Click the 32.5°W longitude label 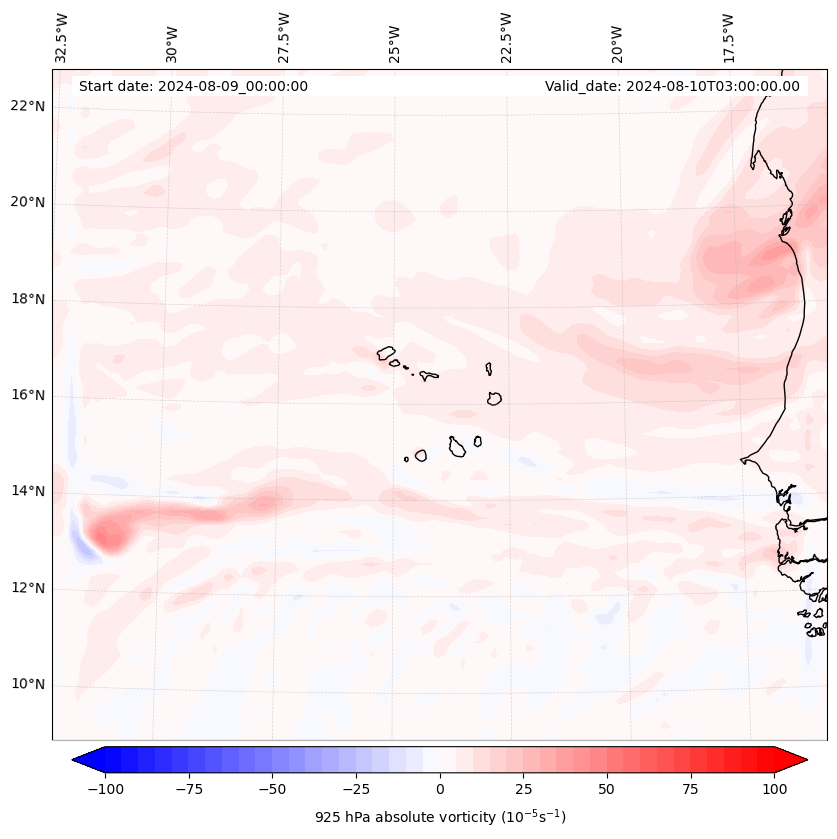(62, 37)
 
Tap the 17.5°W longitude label (728, 37)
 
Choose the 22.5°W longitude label (506, 37)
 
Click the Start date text (193, 86)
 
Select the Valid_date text (672, 86)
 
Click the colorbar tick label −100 (105, 790)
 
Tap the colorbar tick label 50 (607, 790)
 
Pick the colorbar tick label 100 (774, 790)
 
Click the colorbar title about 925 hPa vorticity (440, 817)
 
